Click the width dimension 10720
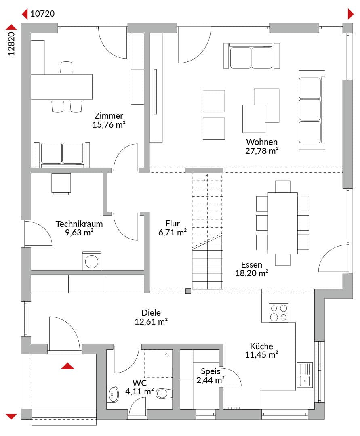click(x=42, y=14)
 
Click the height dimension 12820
click(x=11, y=44)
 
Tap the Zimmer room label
click(x=109, y=116)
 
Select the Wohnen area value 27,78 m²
click(x=262, y=151)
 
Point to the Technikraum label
click(x=79, y=224)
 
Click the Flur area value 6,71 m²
click(x=173, y=232)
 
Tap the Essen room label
click(x=251, y=264)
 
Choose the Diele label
click(x=151, y=312)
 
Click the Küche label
click(x=261, y=346)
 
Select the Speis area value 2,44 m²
click(x=211, y=380)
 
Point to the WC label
click(x=139, y=383)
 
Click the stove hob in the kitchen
click(x=278, y=313)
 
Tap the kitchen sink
click(x=305, y=375)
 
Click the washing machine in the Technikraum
click(x=92, y=261)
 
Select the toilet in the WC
click(x=164, y=394)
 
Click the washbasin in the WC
click(x=113, y=394)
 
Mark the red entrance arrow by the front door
click(x=67, y=366)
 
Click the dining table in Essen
click(x=283, y=223)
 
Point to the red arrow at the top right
click(x=351, y=14)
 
